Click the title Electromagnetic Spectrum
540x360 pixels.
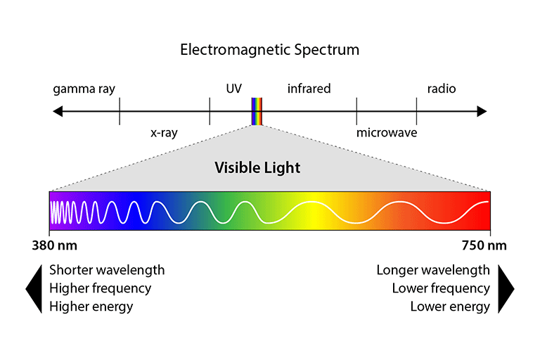point(269,50)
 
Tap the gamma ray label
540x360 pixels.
point(84,89)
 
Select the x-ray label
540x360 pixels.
point(164,132)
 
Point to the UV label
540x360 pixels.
point(234,89)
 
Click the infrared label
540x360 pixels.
point(309,89)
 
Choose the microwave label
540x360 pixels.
point(386,132)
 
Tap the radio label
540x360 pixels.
point(442,89)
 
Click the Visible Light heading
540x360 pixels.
point(257,168)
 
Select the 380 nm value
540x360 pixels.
point(55,246)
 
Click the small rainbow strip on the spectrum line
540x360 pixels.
point(258,111)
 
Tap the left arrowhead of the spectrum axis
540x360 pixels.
point(58,111)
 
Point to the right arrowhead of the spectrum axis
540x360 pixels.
point(482,111)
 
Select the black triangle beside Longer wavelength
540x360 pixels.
point(506,288)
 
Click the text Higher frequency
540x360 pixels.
point(100,288)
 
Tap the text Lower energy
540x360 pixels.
point(450,307)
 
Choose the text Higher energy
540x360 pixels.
point(91,307)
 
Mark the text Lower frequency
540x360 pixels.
point(441,288)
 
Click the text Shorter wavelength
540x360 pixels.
point(107,270)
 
